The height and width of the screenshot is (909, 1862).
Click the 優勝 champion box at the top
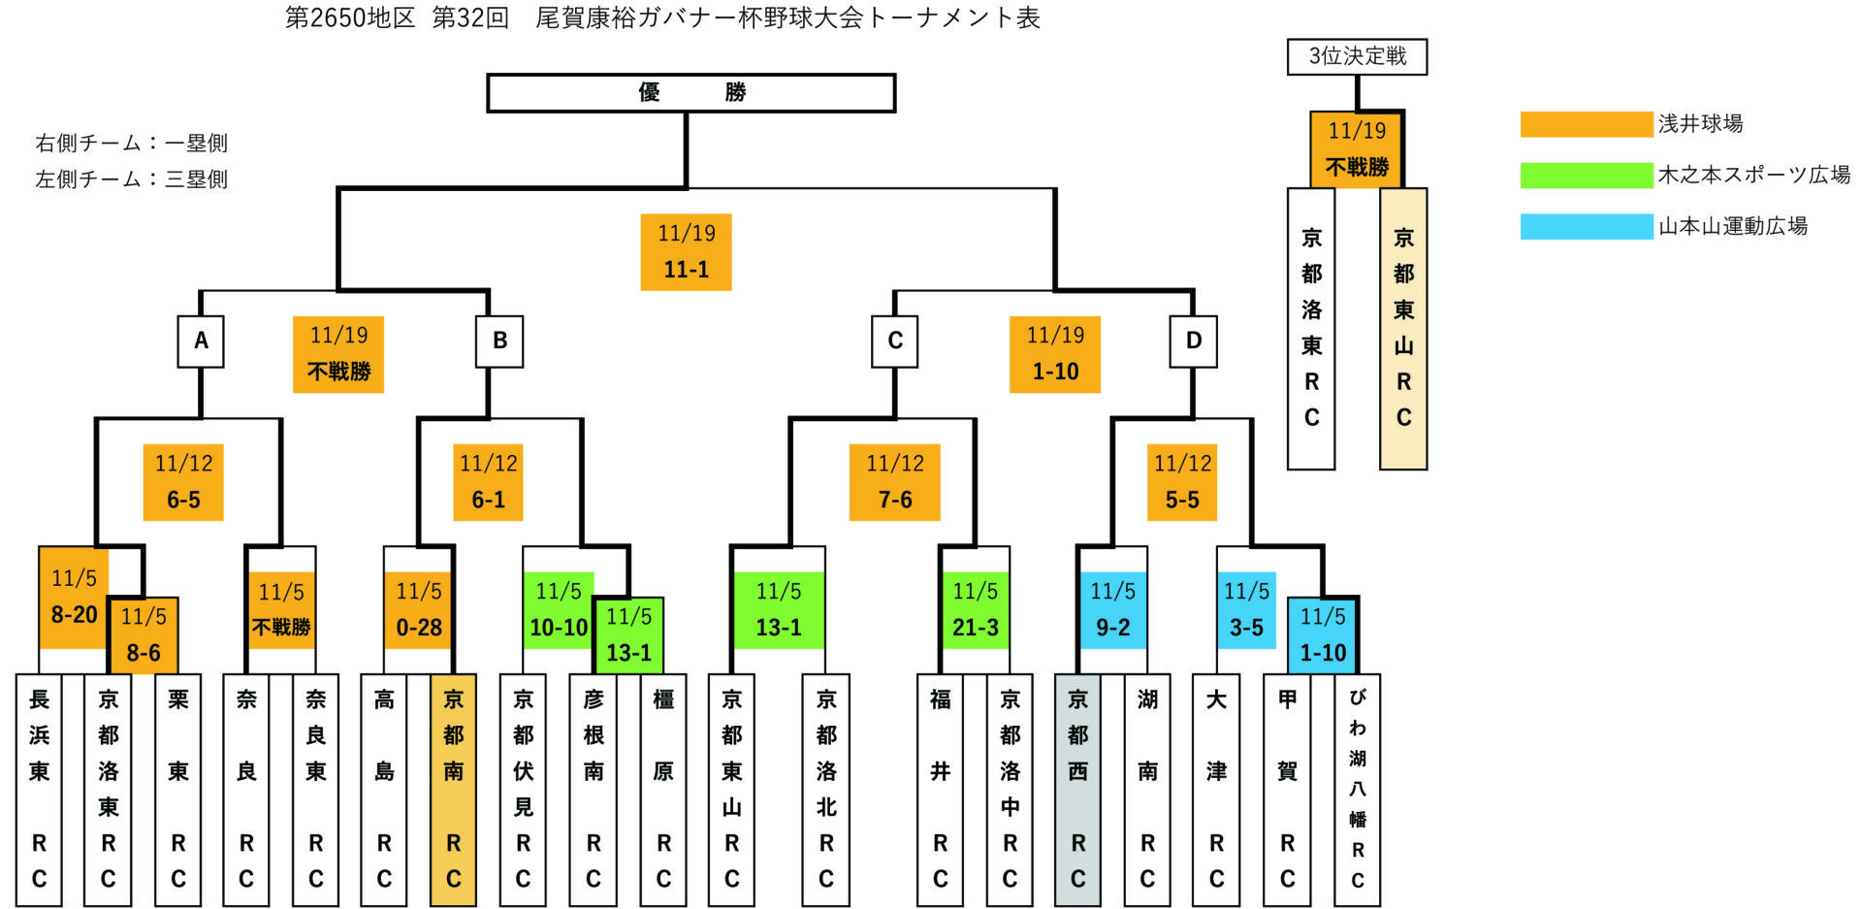690,93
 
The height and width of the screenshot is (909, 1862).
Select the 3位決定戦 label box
1357,56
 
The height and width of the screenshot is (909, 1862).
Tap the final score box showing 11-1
686,252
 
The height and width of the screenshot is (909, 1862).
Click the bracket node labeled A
201,341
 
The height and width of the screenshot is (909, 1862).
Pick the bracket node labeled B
499,341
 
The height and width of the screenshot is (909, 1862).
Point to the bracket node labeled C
894,341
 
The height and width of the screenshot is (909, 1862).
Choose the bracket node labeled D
1193,341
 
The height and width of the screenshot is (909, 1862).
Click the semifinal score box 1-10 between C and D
1055,354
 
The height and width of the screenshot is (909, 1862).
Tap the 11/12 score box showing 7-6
894,482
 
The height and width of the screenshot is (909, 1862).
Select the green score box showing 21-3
975,610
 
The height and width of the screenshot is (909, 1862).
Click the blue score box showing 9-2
1112,610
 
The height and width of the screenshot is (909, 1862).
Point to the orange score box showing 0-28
419,610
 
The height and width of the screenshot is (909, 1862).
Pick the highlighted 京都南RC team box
453,790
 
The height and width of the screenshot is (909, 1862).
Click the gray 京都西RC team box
1077,790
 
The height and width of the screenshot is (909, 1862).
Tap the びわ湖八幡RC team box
1357,790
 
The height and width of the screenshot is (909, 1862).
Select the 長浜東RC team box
39,790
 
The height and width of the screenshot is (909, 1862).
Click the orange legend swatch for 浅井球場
1586,124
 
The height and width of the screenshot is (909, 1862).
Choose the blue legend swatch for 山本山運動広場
1586,227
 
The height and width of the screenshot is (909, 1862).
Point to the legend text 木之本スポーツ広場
1753,176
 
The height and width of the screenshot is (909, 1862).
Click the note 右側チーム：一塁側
132,144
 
